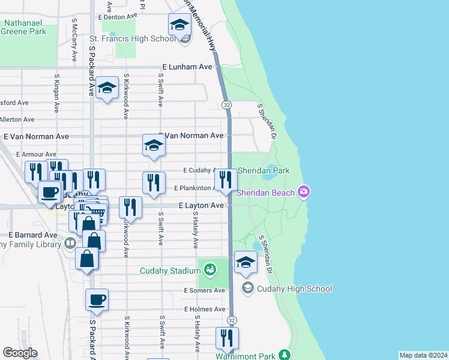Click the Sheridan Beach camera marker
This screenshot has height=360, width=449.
coord(304,192)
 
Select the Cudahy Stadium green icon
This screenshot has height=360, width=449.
coord(209,269)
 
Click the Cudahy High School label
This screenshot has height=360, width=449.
coord(294,289)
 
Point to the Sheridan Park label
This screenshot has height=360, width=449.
coord(264,170)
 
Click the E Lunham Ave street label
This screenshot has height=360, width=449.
coord(187,67)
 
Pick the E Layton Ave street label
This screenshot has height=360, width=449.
coord(202,205)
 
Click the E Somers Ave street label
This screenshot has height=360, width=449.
coord(204,290)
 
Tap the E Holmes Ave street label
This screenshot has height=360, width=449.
coord(204,310)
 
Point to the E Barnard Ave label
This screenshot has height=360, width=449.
coord(32,235)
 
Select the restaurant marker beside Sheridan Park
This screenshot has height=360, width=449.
coord(226,179)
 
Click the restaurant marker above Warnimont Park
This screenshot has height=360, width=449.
coord(227,337)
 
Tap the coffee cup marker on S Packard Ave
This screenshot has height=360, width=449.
coord(97,299)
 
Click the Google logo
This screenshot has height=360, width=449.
coord(20,353)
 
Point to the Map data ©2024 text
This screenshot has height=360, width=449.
coord(423,355)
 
